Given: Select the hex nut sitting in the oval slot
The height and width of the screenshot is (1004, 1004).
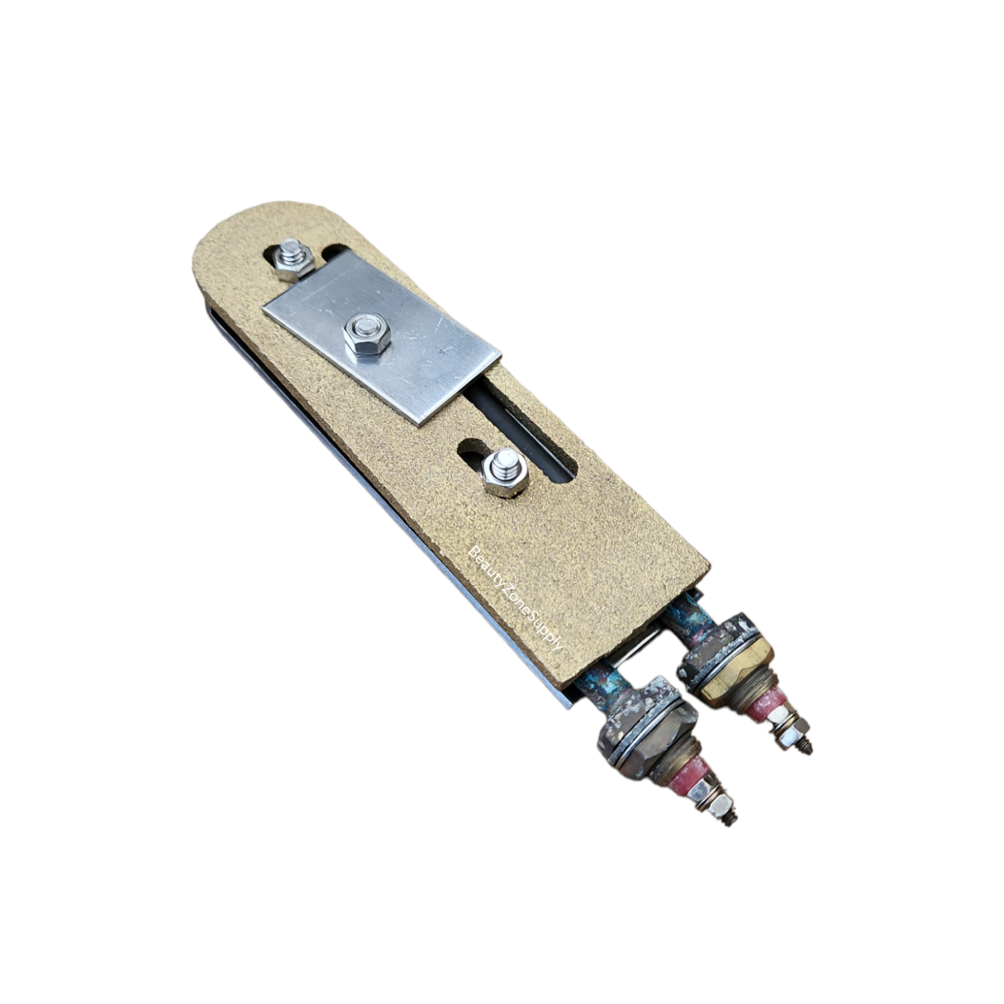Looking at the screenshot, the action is pyautogui.click(x=503, y=473).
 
